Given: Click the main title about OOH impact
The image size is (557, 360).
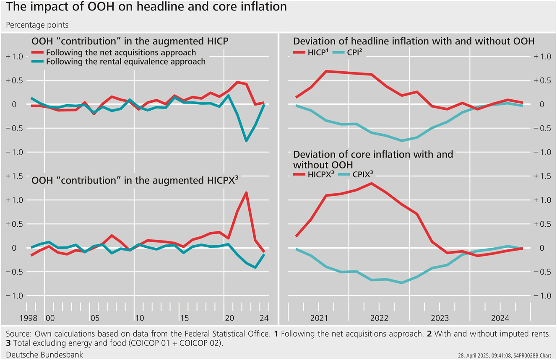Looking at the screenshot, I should click(146, 7).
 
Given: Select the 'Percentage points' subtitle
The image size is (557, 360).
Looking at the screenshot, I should click(37, 25).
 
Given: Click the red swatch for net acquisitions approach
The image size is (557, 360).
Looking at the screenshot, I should click(38, 53).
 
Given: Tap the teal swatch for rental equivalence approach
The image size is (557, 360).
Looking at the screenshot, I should click(38, 62).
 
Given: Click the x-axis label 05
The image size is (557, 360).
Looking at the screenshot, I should click(95, 318).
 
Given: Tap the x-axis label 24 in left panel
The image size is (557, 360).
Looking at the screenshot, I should click(264, 318).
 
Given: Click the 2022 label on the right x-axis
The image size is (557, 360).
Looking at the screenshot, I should click(379, 318).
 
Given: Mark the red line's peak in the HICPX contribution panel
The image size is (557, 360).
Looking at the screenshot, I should click(246, 192).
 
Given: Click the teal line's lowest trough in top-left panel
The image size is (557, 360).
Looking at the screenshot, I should click(246, 141).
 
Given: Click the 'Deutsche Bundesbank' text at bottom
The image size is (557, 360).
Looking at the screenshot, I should click(44, 355).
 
